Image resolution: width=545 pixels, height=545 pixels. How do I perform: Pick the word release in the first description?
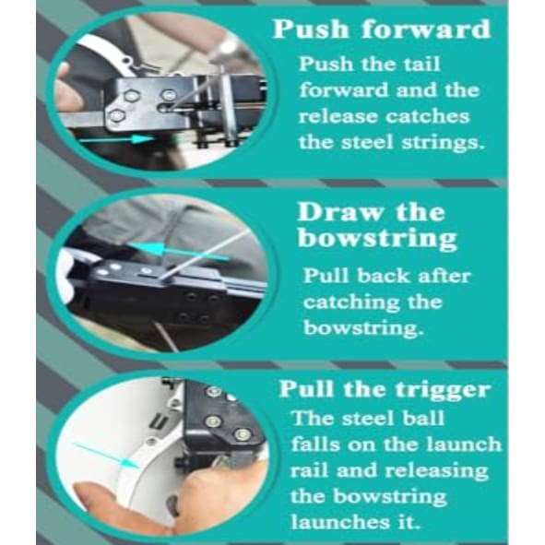pyautogui.click(x=337, y=117)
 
